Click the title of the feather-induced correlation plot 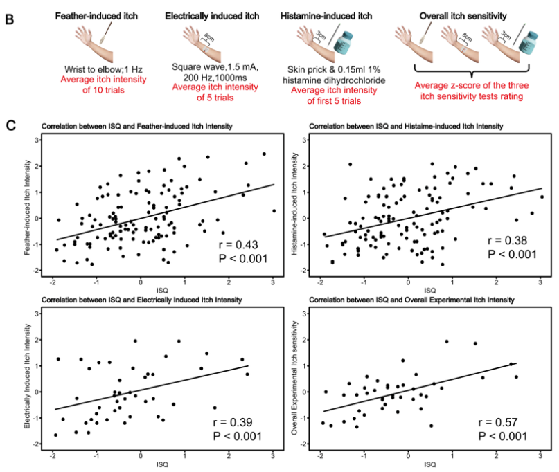coord(136,126)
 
